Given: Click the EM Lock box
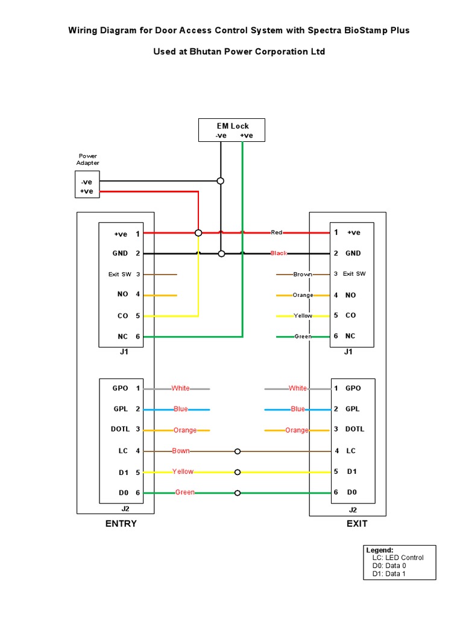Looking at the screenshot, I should (232, 130).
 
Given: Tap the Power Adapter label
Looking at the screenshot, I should (87, 159).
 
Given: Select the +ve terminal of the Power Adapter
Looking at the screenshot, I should (87, 191).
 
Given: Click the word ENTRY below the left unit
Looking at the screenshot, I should (121, 524).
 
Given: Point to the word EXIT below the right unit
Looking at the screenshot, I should (357, 524).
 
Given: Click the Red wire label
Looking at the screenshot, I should (277, 232).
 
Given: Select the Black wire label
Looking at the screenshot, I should (279, 253).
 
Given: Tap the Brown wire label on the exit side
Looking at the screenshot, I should (302, 275).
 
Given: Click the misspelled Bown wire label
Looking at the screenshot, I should (181, 451).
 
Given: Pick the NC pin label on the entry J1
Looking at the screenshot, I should (123, 337).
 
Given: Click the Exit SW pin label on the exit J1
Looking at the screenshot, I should (354, 274).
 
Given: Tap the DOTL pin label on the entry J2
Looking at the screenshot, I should (121, 429).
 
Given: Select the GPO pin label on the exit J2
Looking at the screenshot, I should (353, 388).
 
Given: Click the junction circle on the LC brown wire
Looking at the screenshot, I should (238, 451).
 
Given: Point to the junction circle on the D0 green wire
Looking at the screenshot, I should (238, 493).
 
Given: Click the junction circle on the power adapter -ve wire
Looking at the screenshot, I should (221, 180).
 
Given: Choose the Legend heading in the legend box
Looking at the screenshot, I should (380, 550).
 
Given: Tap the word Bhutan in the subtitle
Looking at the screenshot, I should (210, 52).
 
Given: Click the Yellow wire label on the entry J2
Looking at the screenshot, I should (183, 472).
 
